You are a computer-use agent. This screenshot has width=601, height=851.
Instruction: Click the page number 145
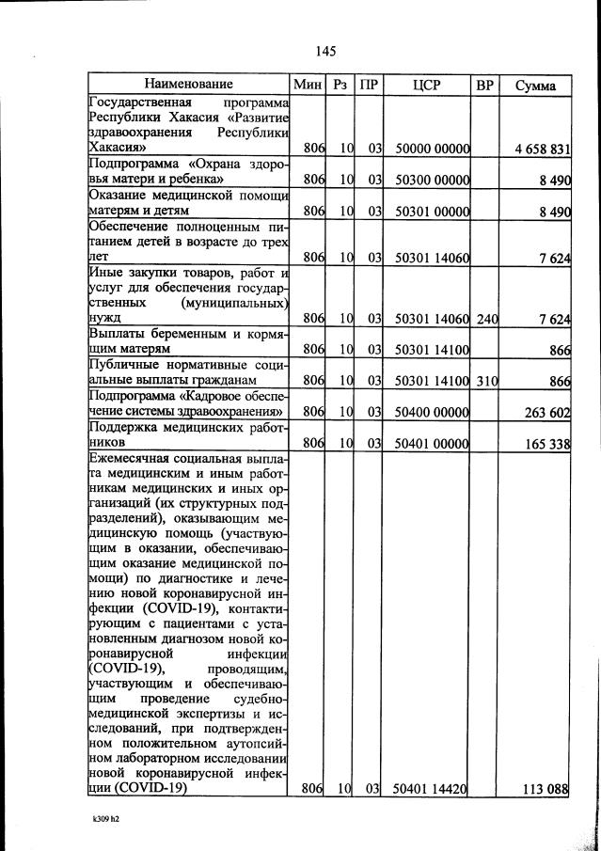326,51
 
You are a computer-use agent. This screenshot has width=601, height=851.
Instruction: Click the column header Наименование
188,85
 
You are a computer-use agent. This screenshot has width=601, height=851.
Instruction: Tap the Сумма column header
535,85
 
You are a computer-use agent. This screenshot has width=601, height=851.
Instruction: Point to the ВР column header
485,85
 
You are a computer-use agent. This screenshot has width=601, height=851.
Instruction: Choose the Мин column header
308,85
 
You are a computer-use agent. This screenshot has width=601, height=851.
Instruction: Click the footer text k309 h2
99,818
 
